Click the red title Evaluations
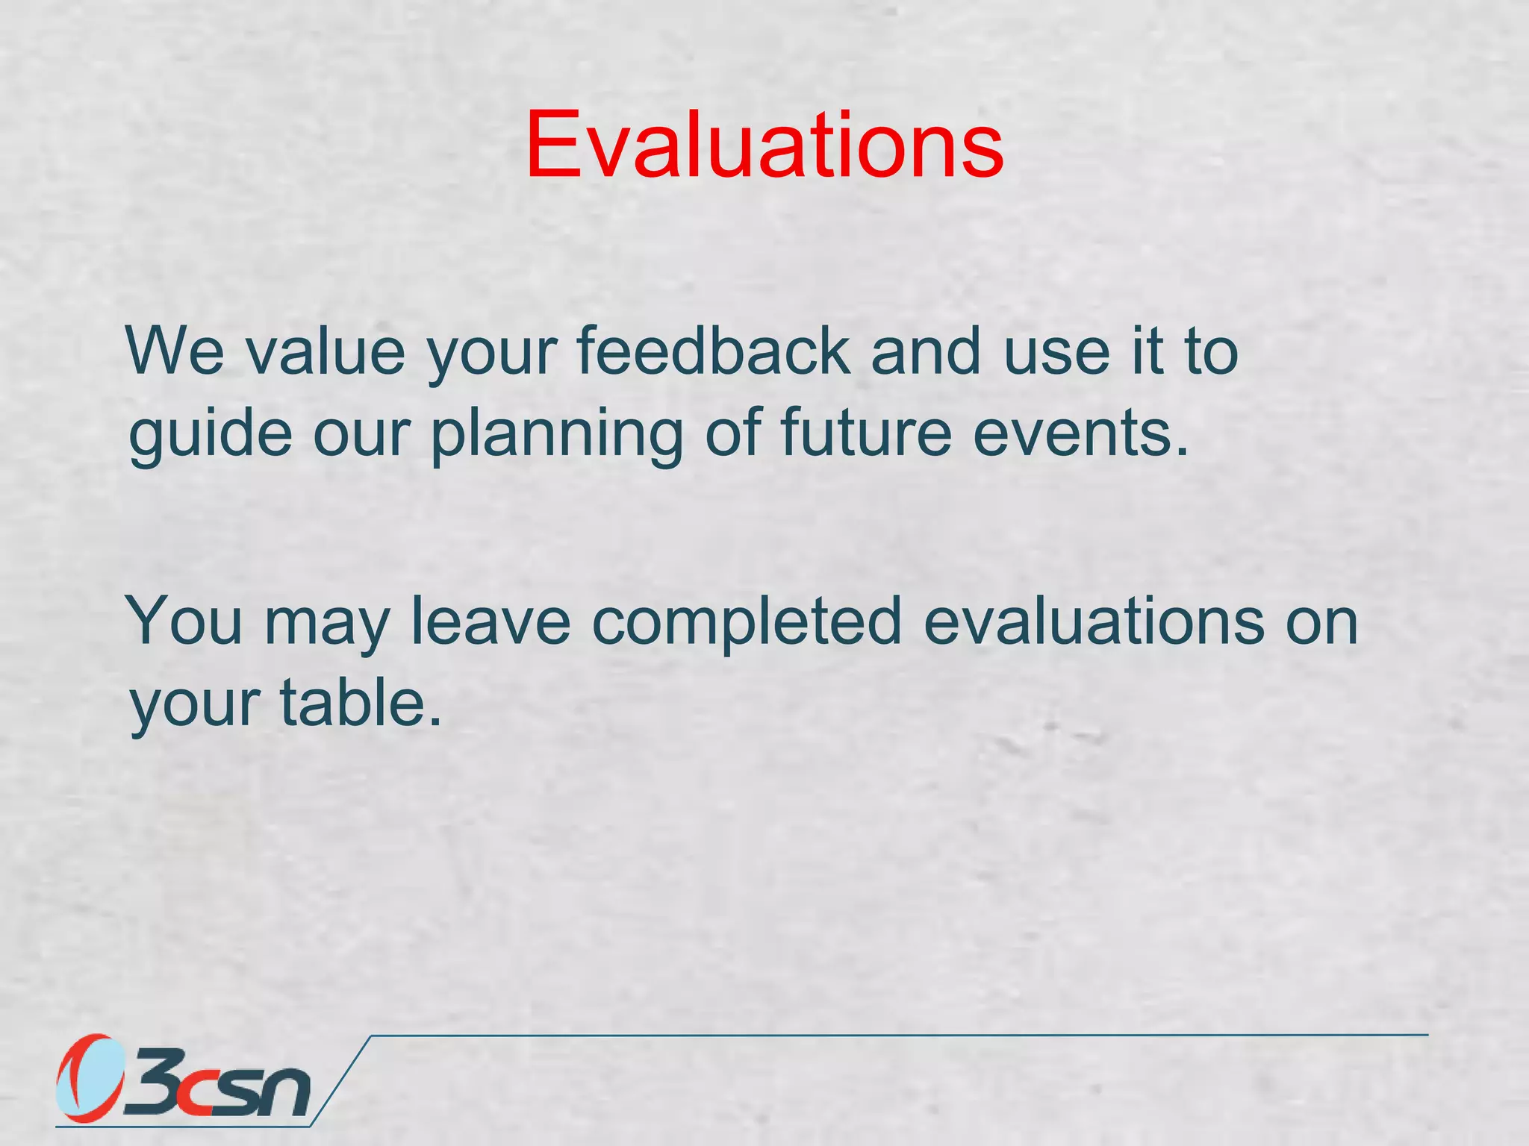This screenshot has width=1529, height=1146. pos(764,145)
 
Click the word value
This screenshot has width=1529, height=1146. pos(326,352)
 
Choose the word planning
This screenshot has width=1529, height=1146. pos(557,435)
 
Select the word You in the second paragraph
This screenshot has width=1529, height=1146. pos(186,621)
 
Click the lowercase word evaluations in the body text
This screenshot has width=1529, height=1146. pos(1094,621)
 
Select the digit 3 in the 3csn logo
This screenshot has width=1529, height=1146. pos(153,1082)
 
